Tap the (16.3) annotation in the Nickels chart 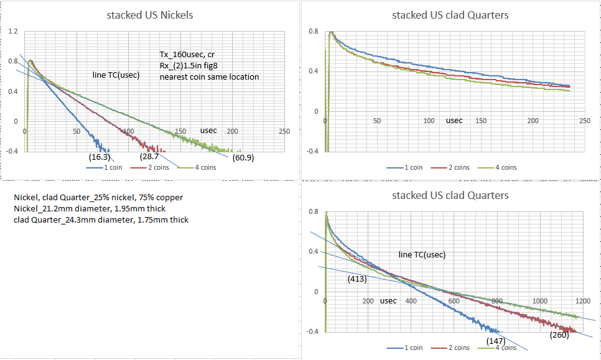100,157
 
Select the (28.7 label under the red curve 149,158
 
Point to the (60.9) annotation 244,158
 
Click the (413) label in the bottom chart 356,279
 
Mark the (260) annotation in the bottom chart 560,335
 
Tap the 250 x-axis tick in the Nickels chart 284,131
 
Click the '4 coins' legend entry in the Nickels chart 204,167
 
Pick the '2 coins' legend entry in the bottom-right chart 457,348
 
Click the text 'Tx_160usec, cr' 187,54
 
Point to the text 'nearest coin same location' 209,76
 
